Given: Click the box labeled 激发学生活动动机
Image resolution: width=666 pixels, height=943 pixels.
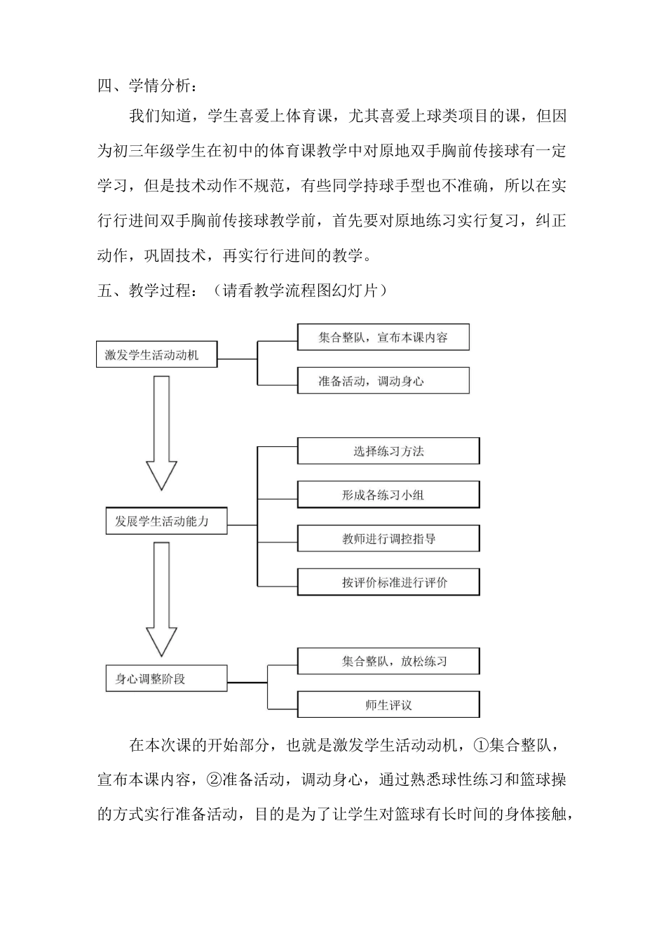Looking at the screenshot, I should (x=156, y=355).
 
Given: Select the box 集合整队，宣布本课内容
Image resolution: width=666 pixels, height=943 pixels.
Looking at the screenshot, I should (x=383, y=337).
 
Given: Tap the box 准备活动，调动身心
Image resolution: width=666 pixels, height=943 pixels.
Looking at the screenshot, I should (x=383, y=381).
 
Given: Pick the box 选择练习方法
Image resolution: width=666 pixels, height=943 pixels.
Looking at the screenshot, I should (x=388, y=451).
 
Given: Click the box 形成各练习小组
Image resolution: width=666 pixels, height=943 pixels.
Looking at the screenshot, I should (x=388, y=495).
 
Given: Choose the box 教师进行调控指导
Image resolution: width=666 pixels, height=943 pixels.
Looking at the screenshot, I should (x=388, y=539).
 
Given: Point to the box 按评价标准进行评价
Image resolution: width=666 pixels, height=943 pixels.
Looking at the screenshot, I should (x=388, y=582).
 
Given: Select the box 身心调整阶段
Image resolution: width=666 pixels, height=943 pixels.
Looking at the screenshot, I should (x=166, y=678).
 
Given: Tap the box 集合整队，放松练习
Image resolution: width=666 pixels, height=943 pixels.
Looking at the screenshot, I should (x=388, y=661).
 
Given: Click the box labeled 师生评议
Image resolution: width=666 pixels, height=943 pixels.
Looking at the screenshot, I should (x=388, y=704).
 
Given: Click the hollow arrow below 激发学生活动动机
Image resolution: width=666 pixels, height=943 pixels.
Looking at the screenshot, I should (x=161, y=432).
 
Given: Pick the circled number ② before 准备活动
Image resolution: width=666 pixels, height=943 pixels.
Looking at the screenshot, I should (x=214, y=780).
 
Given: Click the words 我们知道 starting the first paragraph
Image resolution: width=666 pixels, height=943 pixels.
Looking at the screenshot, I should (x=160, y=116).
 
